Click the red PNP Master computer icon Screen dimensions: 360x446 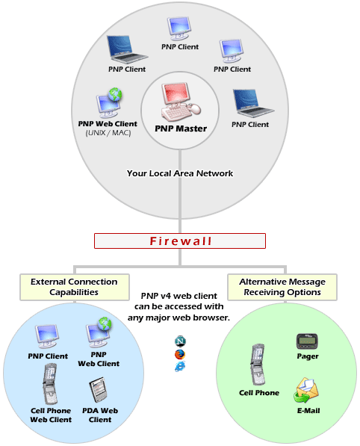(181, 102)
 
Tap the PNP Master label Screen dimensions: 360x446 (181, 128)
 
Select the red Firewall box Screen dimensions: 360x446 (180, 241)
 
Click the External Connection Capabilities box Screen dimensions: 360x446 (75, 287)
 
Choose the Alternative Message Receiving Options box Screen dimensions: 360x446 (282, 287)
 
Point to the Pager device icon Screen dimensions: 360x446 (307, 341)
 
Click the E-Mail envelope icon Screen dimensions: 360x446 (306, 390)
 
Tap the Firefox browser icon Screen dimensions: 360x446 (180, 354)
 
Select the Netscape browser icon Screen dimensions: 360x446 (180, 341)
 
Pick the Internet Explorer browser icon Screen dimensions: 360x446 (180, 366)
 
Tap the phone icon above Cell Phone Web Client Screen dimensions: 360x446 (50, 384)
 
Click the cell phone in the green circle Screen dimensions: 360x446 (258, 365)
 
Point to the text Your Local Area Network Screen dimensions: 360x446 (180, 173)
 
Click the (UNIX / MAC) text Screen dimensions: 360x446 (108, 133)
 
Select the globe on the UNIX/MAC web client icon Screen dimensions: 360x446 (115, 94)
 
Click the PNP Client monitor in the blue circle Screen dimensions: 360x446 (47, 336)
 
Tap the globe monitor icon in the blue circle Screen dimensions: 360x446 (99, 332)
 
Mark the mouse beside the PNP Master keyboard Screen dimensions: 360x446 (195, 108)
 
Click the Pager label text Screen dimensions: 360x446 (308, 356)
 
